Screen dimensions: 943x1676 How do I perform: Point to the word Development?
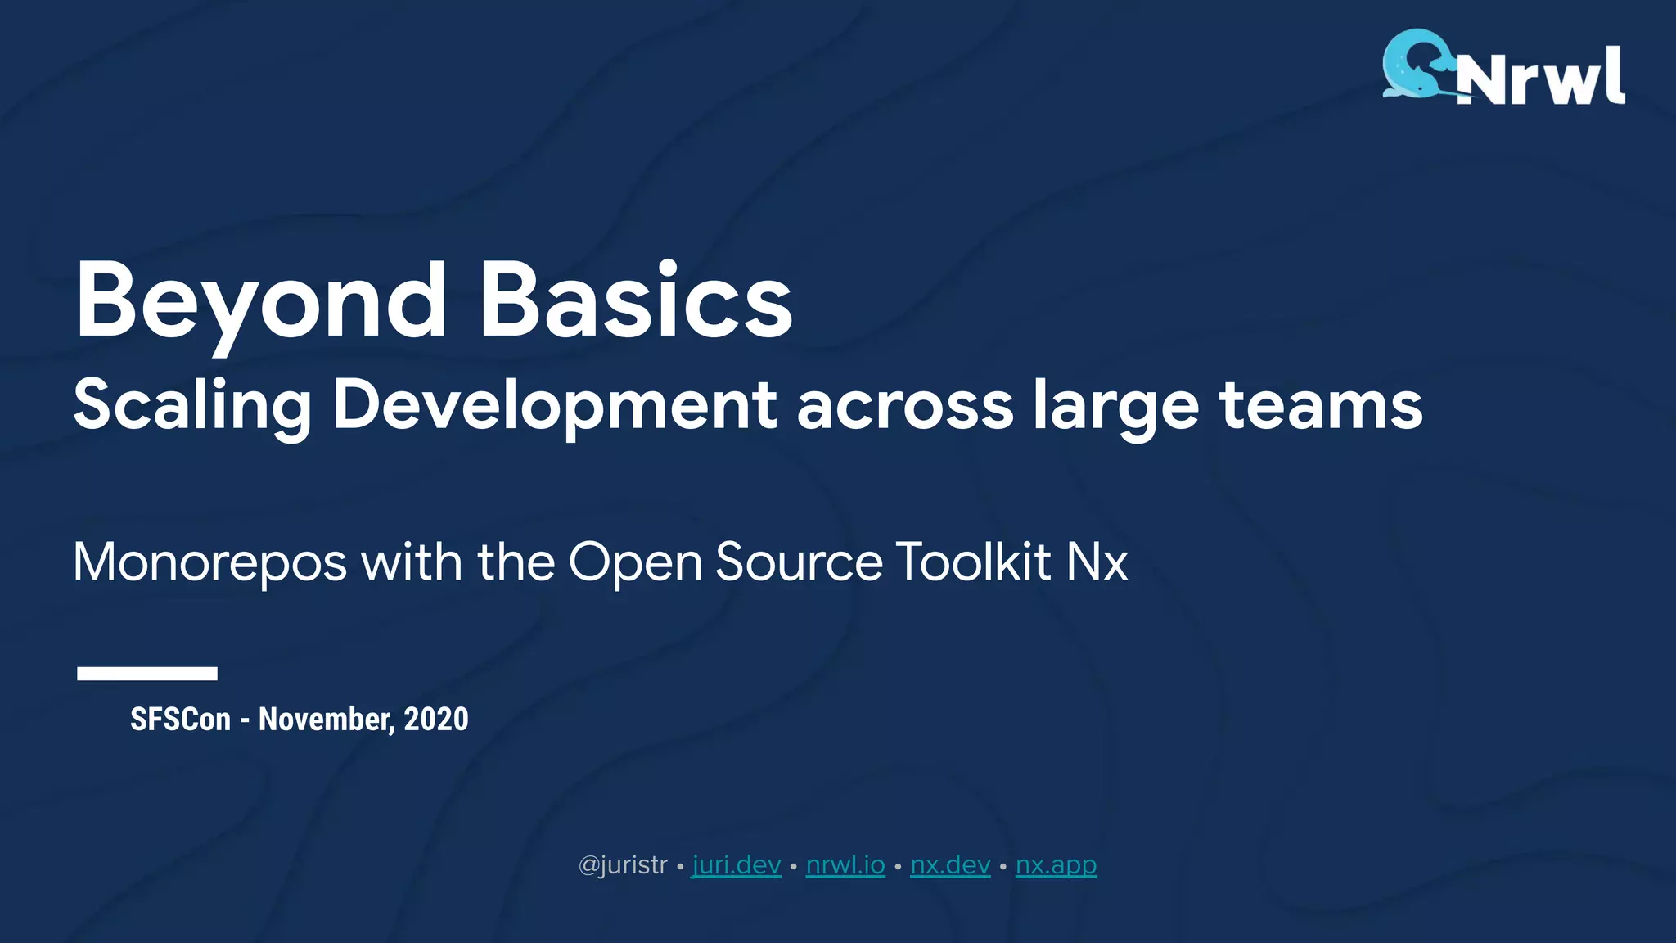[x=554, y=406]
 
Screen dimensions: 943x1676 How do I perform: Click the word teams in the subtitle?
[x=1321, y=404]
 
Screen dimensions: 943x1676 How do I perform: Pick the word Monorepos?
[x=210, y=563]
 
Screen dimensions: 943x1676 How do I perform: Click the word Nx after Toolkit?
[x=1097, y=562]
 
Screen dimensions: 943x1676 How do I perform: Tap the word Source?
[x=799, y=562]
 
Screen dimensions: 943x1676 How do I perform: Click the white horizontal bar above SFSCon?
[x=147, y=673]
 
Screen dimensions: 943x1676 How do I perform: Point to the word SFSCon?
[x=181, y=720]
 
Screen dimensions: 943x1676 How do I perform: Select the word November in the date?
[x=327, y=720]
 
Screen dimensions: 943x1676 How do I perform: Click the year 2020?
[x=436, y=720]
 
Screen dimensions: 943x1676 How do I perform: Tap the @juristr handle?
[x=623, y=865]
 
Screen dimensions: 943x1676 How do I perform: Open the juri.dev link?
[x=737, y=865]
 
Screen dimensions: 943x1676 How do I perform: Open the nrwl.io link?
[x=845, y=865]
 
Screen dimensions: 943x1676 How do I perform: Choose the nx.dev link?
[x=950, y=865]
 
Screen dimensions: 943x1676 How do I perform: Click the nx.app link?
[x=1056, y=865]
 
